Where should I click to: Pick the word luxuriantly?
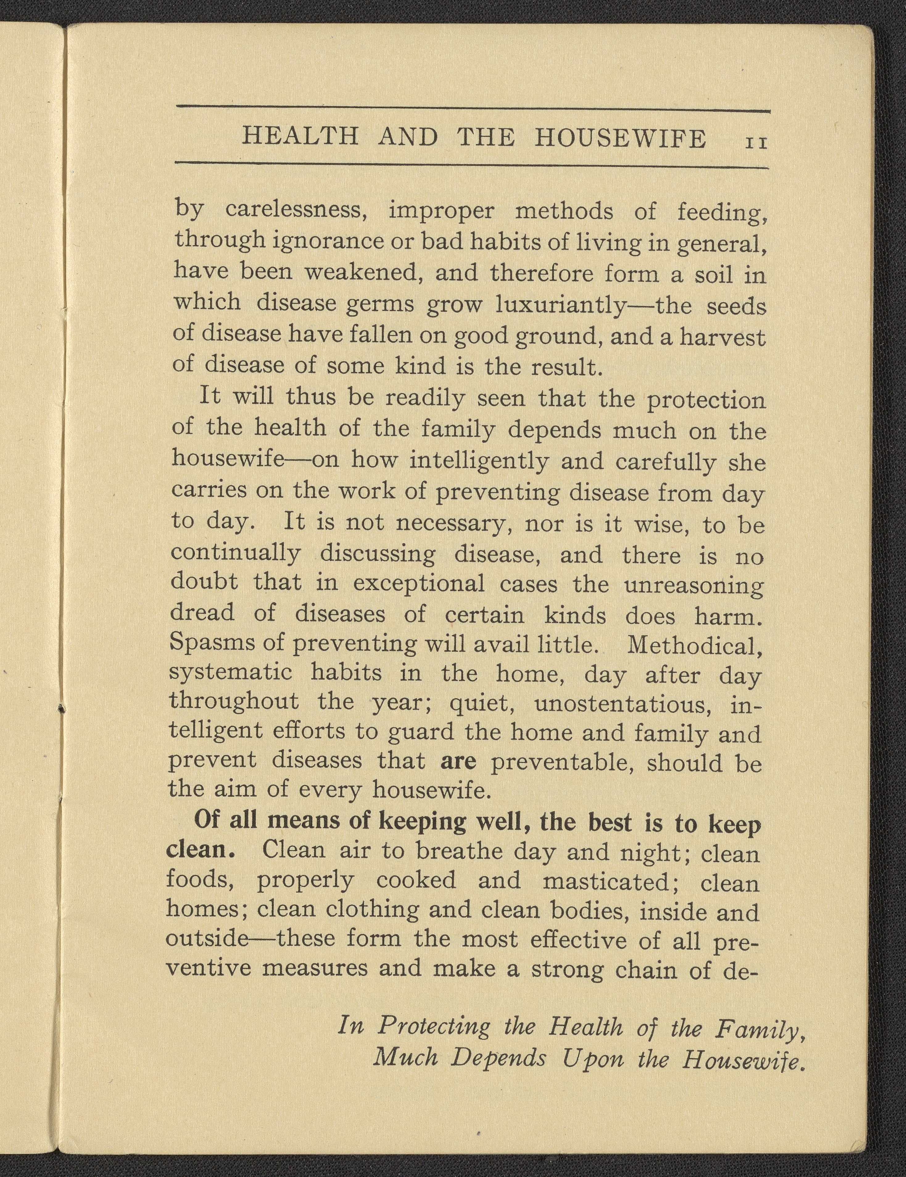point(560,306)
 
